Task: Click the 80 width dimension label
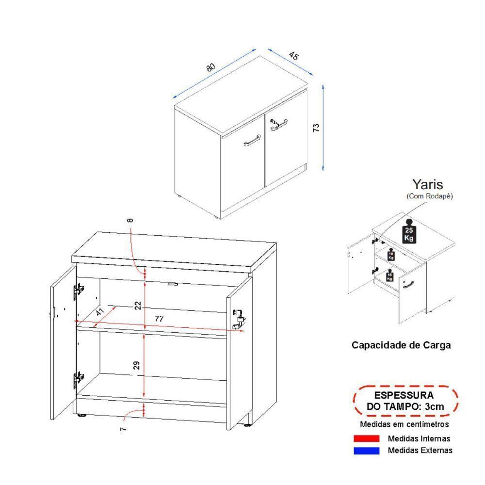[x=210, y=67]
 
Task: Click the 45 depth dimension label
[x=293, y=55]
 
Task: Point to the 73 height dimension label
[x=316, y=128]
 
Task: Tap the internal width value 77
[x=158, y=319]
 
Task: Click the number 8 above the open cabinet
[x=130, y=221]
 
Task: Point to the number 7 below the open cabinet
[x=123, y=428]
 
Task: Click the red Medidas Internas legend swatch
[x=367, y=438]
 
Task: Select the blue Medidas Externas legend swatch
[x=367, y=451]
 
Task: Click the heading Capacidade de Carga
[x=401, y=345]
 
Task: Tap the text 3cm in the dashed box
[x=433, y=406]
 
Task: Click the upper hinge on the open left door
[x=78, y=291]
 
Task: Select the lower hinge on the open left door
[x=78, y=379]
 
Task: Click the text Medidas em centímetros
[x=404, y=424]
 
